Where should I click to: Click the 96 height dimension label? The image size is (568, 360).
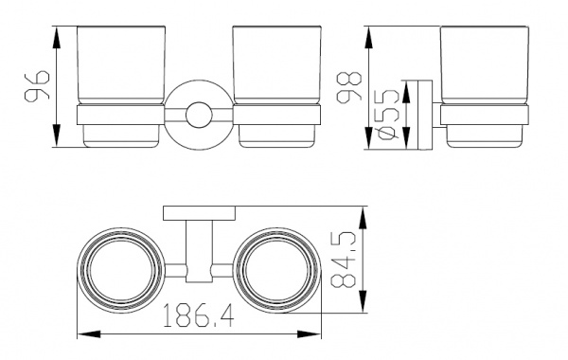37,86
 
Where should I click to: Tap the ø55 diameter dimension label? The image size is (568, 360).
388,114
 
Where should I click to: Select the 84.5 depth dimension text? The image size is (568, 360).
344,260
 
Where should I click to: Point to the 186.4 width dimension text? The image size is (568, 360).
198,315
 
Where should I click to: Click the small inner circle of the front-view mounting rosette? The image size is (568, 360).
199,115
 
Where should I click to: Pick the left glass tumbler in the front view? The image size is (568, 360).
121,86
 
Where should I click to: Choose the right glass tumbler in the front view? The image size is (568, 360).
276,86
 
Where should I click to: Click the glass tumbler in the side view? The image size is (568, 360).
485,86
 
